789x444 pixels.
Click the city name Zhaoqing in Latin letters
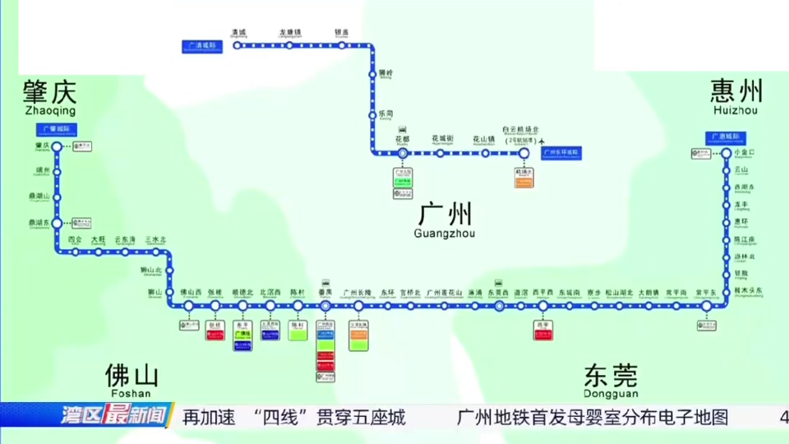pos(50,110)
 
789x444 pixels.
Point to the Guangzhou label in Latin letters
pos(445,234)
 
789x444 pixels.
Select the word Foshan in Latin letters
pos(131,393)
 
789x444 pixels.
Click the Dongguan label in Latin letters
pos(610,393)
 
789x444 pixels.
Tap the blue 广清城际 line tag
pos(202,46)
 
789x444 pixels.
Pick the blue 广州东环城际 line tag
pos(562,153)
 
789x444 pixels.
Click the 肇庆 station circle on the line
pos(57,147)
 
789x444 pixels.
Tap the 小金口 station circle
pos(727,153)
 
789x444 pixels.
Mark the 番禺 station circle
pos(325,306)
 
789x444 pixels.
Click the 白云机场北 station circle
pos(524,153)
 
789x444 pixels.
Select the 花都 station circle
pos(402,153)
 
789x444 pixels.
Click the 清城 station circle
pos(238,46)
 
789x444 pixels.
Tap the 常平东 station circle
pos(706,306)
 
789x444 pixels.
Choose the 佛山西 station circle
pos(189,306)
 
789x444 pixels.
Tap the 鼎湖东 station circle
pos(57,223)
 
